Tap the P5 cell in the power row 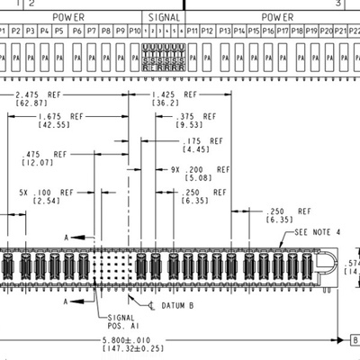click(x=59, y=31)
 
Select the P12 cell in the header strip click(x=208, y=31)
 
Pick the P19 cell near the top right click(x=312, y=31)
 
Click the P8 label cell click(x=106, y=31)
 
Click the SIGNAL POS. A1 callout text click(x=121, y=321)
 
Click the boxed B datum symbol click(x=354, y=340)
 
